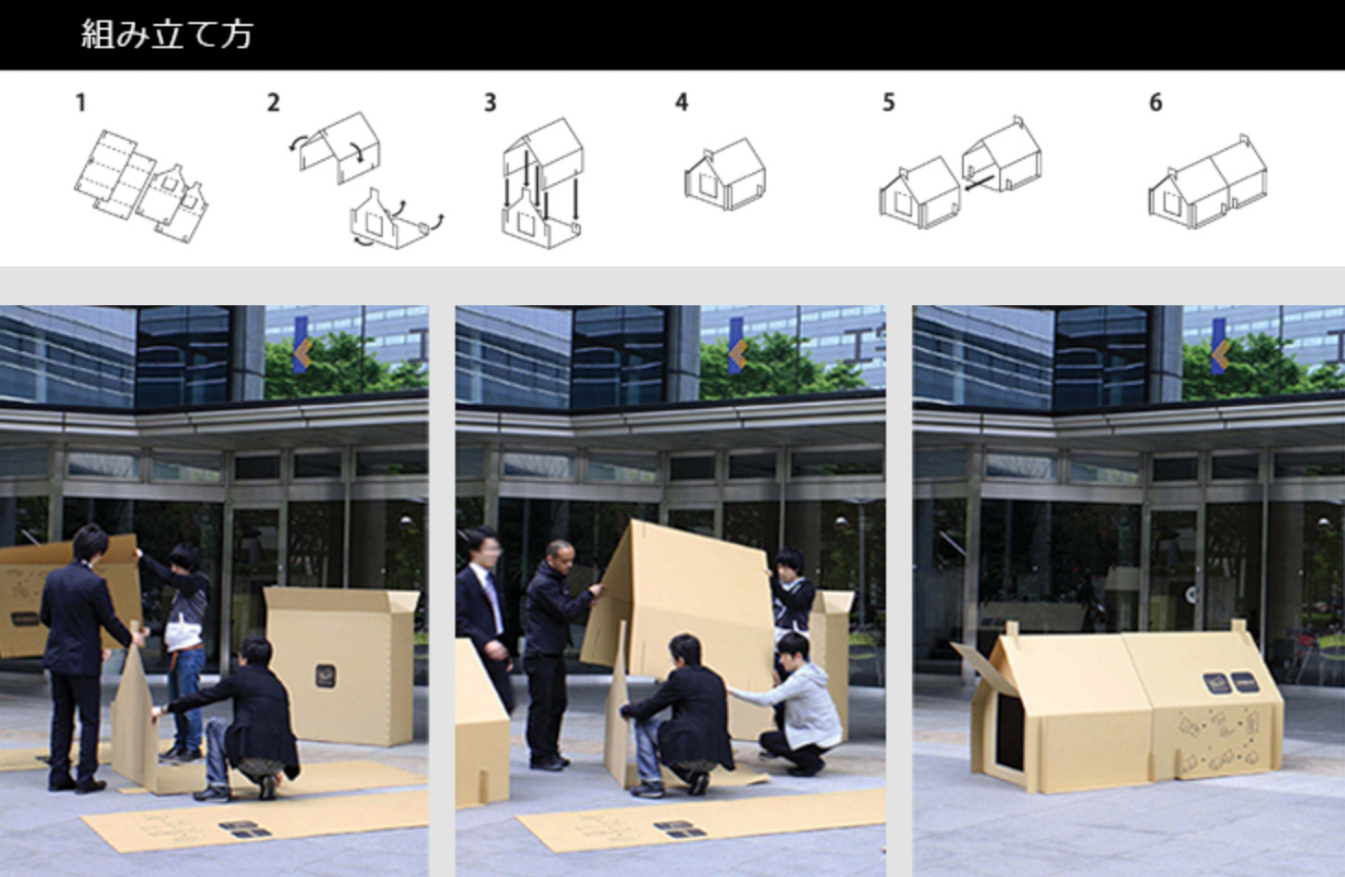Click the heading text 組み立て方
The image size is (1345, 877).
click(x=167, y=34)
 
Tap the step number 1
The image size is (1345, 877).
click(x=81, y=103)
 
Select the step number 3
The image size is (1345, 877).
click(x=490, y=103)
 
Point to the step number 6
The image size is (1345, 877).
click(x=1156, y=103)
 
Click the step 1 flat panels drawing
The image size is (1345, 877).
click(x=142, y=186)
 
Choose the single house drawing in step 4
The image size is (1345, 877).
click(x=725, y=174)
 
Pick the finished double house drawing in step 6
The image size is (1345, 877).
click(x=1207, y=182)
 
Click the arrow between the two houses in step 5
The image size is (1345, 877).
click(x=979, y=182)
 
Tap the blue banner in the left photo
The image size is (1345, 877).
click(x=302, y=345)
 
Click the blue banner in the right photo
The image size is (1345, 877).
click(x=1219, y=347)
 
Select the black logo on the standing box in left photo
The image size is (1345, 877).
click(x=326, y=676)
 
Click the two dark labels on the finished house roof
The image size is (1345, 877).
click(x=1230, y=683)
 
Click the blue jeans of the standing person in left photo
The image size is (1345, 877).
click(x=185, y=697)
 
